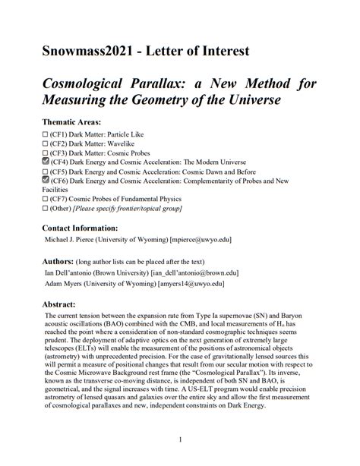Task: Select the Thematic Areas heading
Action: [x=77, y=121]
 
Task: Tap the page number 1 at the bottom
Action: [x=179, y=439]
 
